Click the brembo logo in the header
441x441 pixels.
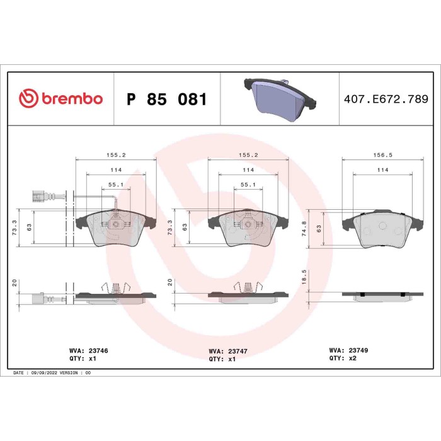(60, 99)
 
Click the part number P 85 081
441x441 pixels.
(166, 100)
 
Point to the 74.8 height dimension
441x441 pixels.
(304, 227)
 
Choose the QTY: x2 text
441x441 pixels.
(343, 357)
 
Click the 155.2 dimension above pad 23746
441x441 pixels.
(115, 154)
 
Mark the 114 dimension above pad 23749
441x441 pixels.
(382, 170)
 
